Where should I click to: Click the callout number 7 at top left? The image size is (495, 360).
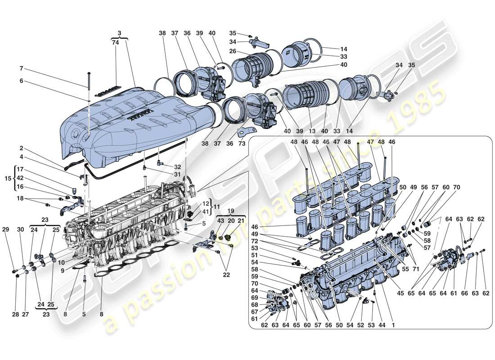21,69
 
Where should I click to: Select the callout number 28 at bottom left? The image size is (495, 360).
16,315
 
